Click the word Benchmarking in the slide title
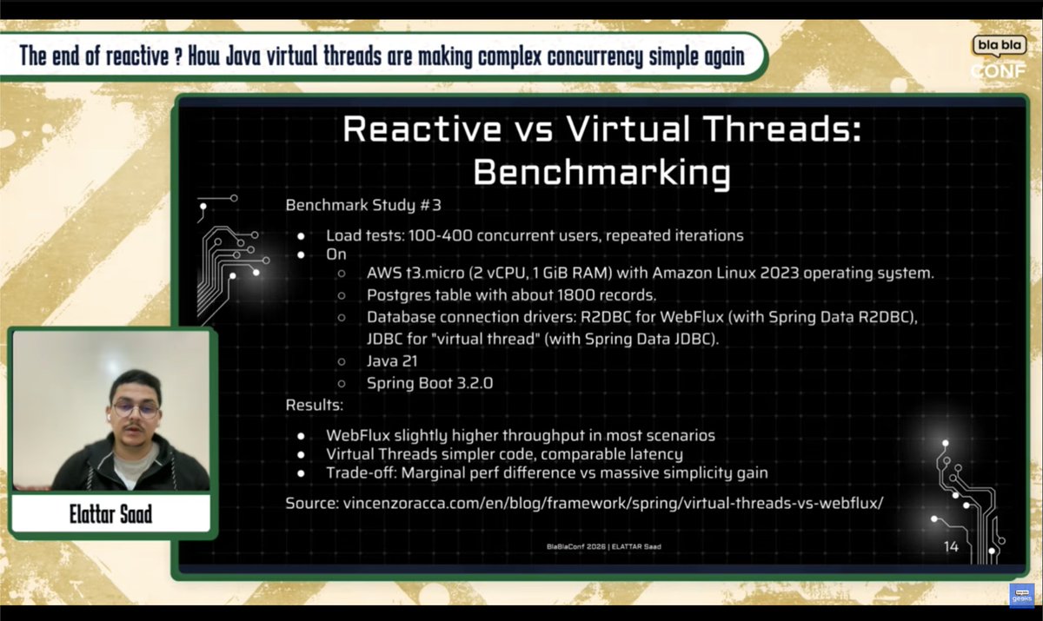(x=601, y=172)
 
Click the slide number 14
(x=950, y=546)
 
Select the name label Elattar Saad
(x=110, y=514)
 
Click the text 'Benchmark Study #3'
(x=363, y=206)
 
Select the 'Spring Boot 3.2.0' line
(x=429, y=382)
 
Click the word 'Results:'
(x=315, y=405)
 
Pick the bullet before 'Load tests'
(x=301, y=236)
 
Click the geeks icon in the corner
(x=1019, y=594)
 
